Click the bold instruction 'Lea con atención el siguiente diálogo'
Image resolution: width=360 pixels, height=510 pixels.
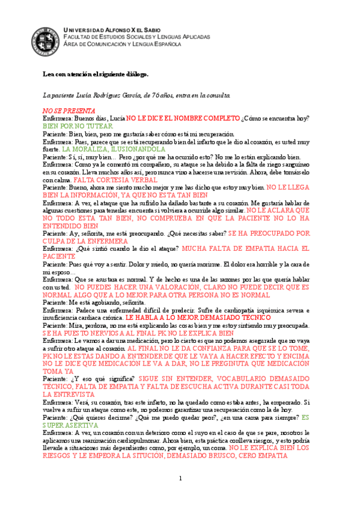point(94,74)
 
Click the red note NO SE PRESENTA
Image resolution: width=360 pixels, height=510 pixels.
point(69,111)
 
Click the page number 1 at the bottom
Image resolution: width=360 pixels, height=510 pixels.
point(180,478)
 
